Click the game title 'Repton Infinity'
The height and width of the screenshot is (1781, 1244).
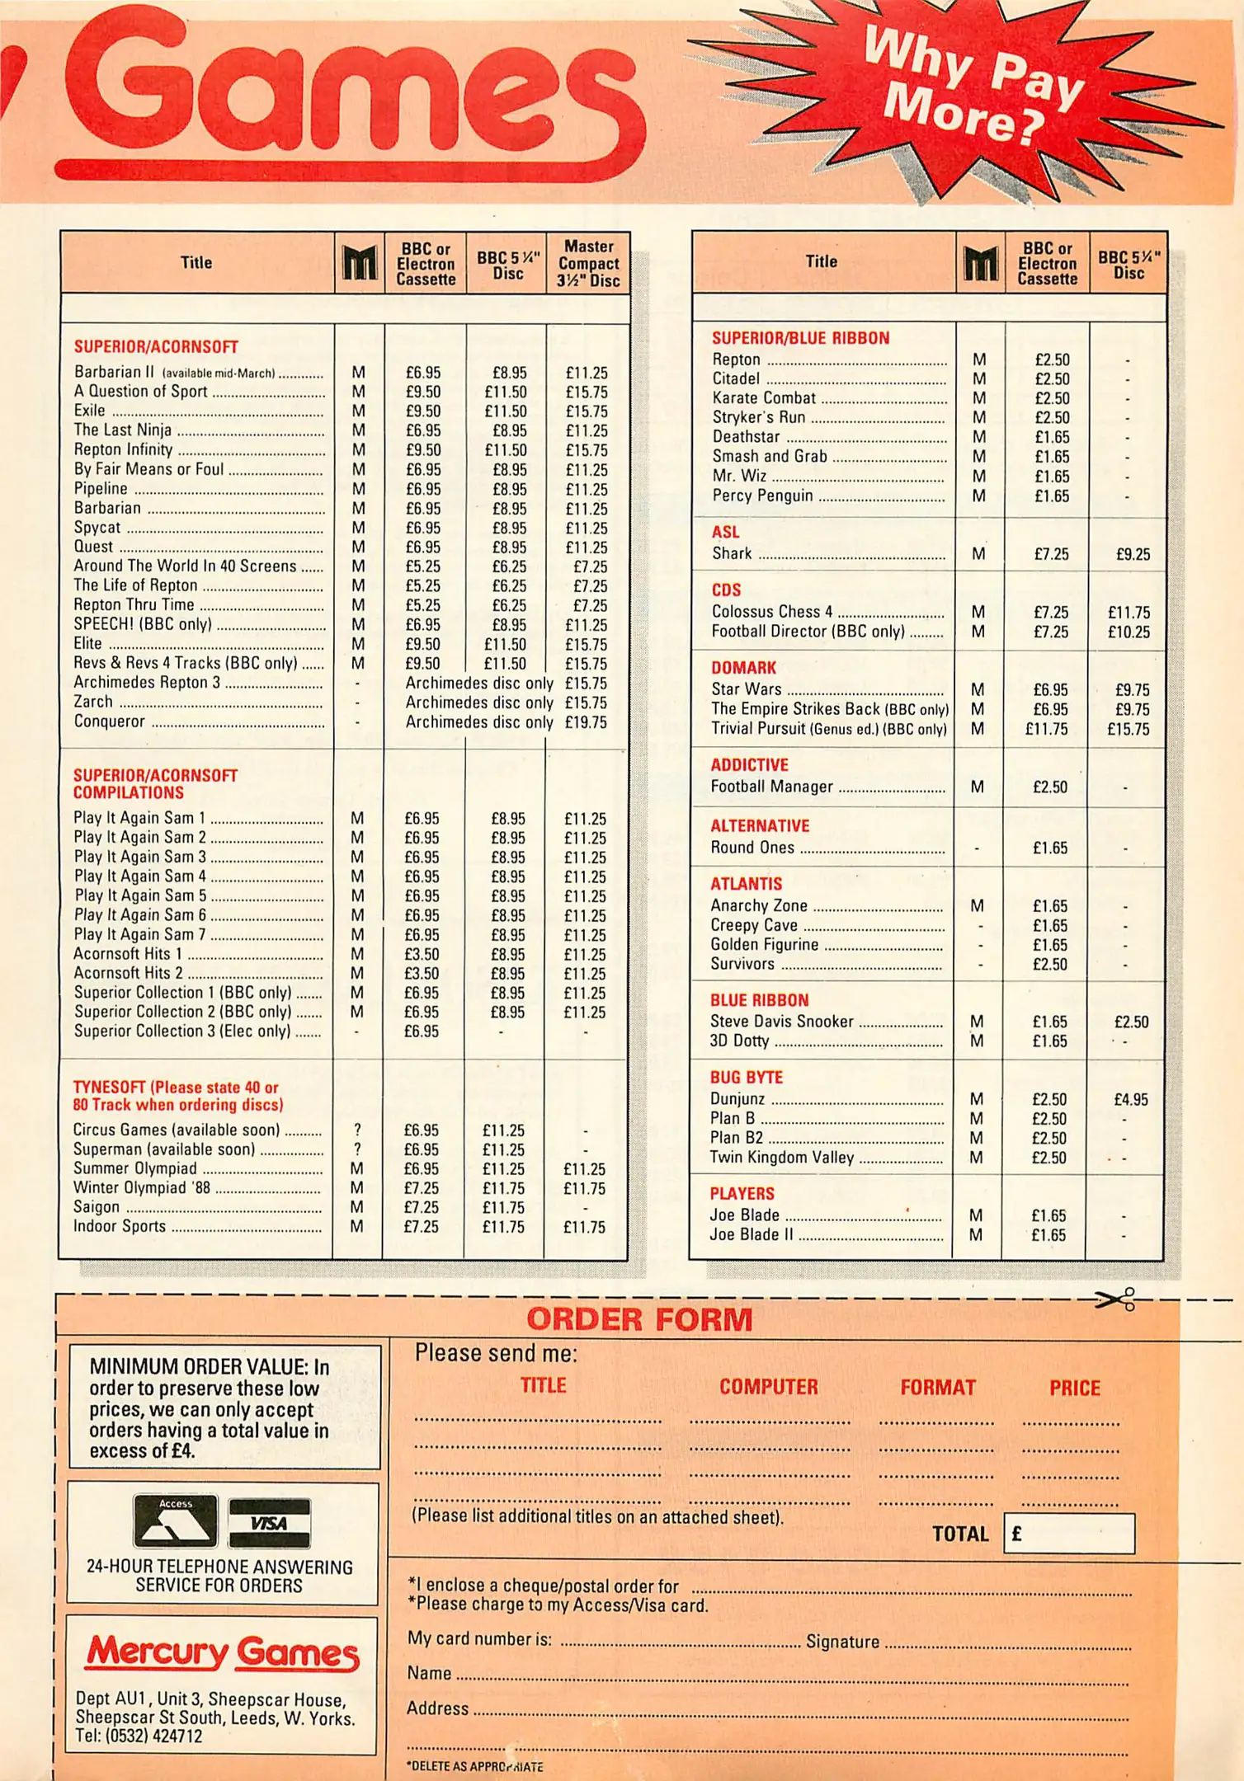point(123,449)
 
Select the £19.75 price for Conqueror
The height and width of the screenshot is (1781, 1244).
point(586,722)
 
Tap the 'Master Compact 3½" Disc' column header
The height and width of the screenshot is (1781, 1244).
point(588,264)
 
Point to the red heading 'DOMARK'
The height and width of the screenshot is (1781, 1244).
point(743,668)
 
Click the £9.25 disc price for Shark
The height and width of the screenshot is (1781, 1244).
point(1133,555)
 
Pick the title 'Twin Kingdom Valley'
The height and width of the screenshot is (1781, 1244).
point(781,1158)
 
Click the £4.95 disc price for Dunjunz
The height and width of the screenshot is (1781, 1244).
point(1130,1100)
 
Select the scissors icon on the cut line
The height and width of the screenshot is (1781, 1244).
point(1115,1300)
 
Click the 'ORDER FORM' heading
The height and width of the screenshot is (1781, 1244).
point(639,1320)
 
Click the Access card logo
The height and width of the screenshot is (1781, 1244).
point(176,1521)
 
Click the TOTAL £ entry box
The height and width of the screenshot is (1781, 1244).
point(1069,1534)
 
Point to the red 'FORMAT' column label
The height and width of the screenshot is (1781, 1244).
point(937,1389)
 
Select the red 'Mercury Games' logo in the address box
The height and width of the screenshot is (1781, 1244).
point(223,1652)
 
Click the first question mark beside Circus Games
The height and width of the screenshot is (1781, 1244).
point(357,1130)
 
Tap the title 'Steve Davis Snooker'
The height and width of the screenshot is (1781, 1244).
point(781,1022)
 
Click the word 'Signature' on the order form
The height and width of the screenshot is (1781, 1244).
point(842,1642)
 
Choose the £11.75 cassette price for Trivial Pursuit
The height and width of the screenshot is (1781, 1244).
point(1046,729)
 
